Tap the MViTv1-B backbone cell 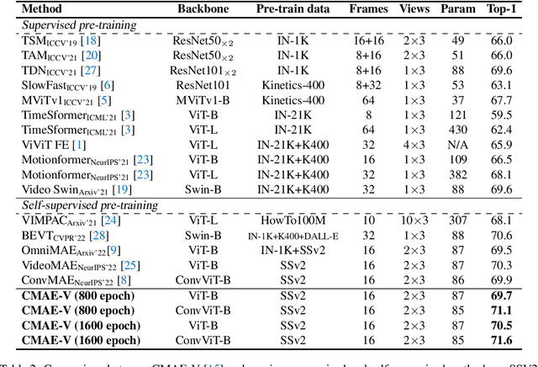[x=203, y=100]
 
